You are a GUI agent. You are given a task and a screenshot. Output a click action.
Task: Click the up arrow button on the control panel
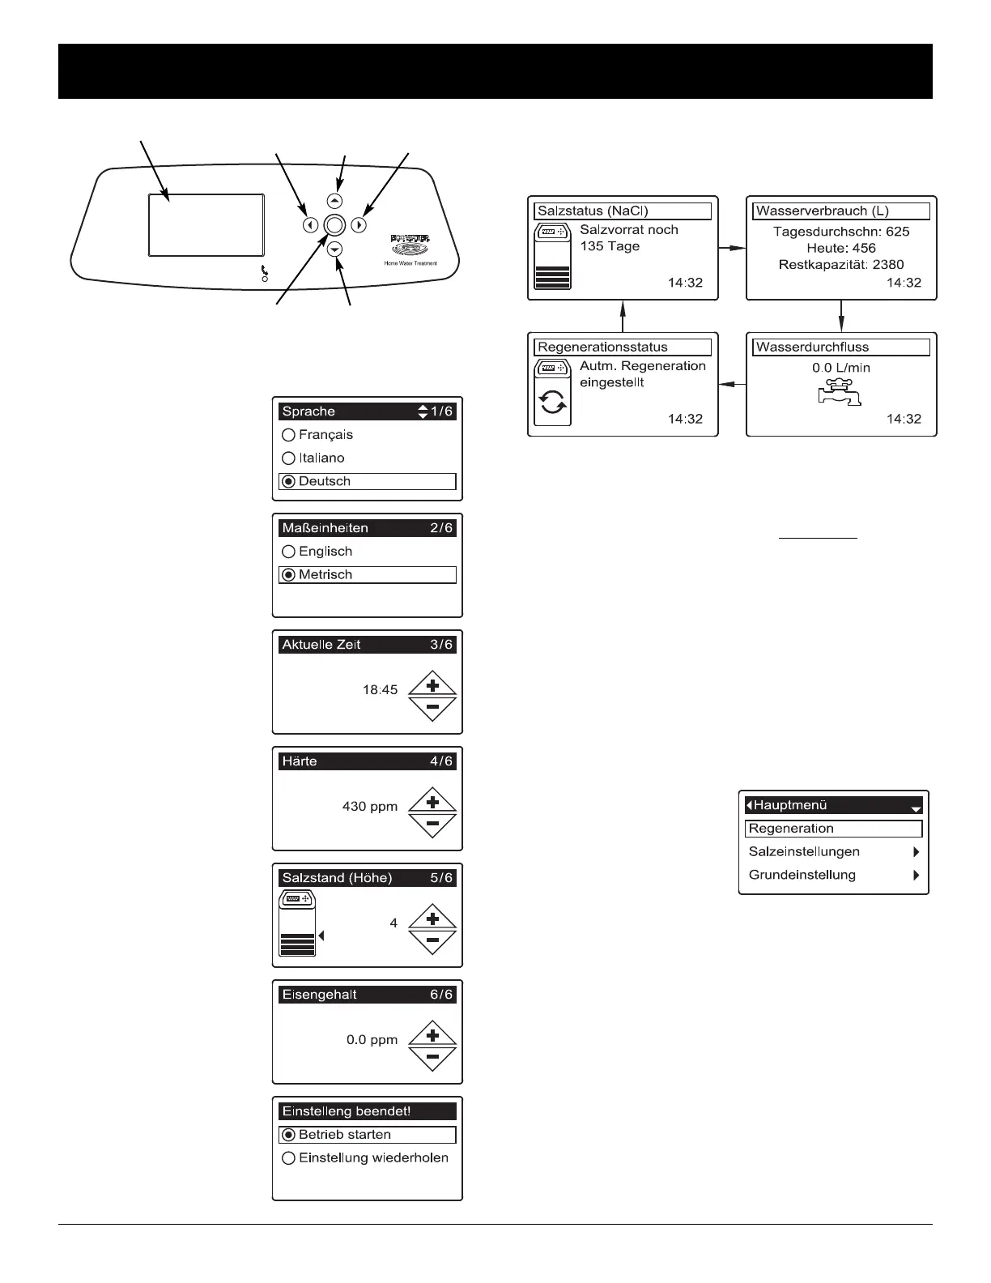coord(335,201)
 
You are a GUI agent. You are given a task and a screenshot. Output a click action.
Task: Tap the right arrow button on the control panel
coord(359,226)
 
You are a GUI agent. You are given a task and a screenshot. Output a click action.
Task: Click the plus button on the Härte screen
coord(432,803)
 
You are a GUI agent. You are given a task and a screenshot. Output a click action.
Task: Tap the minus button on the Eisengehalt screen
coord(432,1057)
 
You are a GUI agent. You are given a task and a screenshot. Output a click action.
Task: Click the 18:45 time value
coord(380,690)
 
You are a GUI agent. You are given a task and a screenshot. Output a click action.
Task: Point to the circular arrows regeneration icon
coord(553,403)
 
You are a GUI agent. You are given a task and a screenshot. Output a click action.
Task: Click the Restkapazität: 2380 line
coord(841,264)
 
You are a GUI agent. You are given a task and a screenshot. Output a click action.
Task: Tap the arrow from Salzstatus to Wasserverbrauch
coord(732,248)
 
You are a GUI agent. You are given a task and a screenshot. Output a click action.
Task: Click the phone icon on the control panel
coord(265,271)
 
